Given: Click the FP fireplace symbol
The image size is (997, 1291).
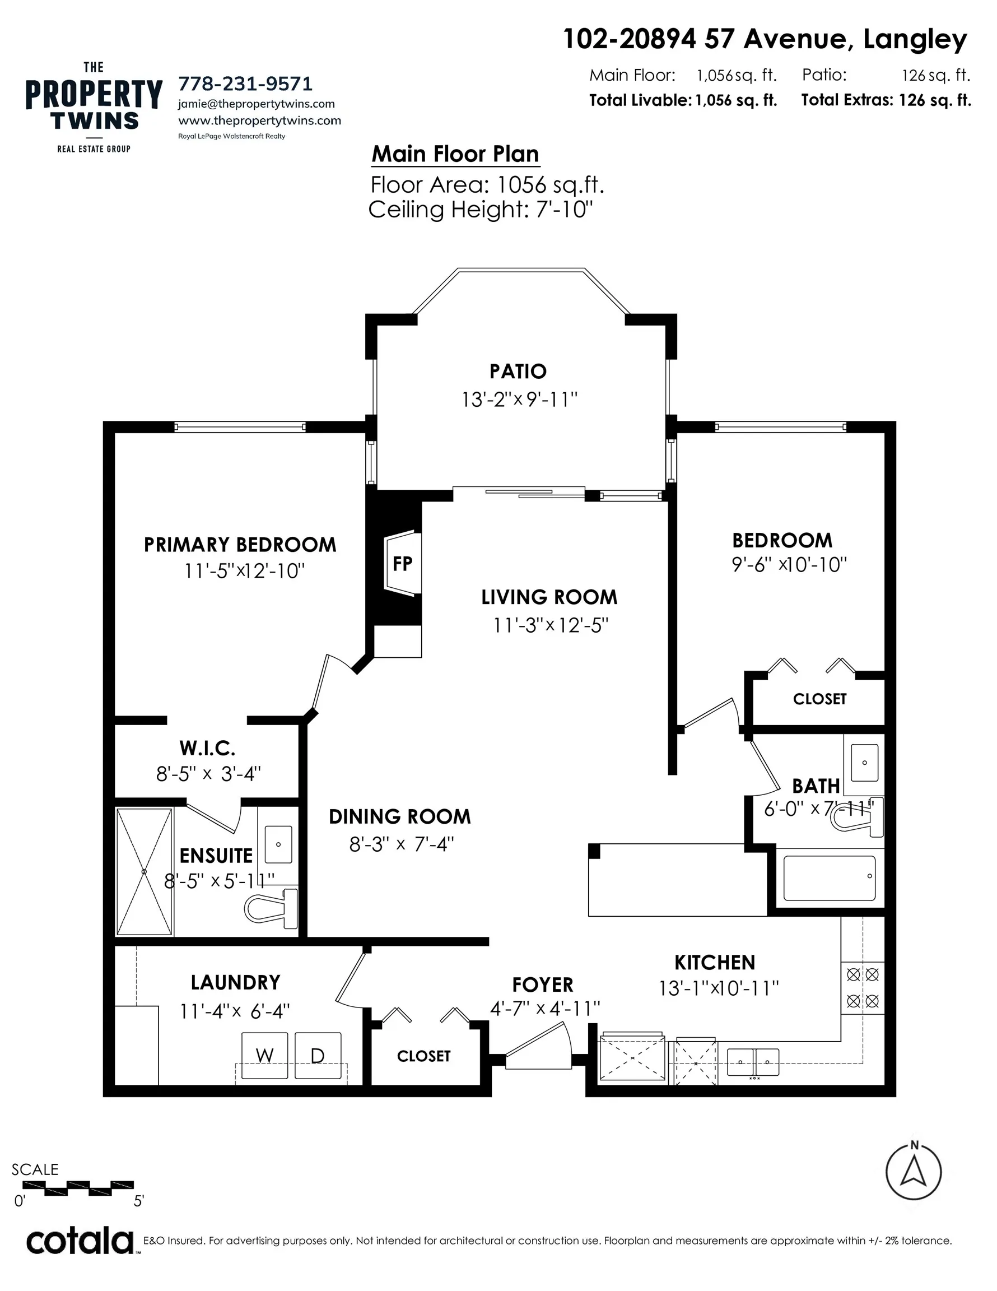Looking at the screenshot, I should tap(403, 563).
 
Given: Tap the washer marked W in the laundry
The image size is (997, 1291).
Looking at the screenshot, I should tap(264, 1055).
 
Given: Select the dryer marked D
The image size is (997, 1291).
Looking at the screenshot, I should tap(318, 1055).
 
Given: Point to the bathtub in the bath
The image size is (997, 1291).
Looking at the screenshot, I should tap(828, 879).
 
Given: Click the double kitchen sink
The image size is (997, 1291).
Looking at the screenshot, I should tap(752, 1062).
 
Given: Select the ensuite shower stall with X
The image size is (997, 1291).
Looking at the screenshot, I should tap(144, 872).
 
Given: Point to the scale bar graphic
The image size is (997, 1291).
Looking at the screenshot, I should tap(78, 1185).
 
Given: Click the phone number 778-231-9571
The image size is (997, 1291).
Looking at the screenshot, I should tap(245, 83).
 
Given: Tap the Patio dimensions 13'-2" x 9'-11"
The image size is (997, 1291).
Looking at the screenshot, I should tap(519, 400).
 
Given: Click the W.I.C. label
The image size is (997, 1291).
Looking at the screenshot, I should tap(207, 748).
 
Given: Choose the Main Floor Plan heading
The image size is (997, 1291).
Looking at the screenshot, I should tap(455, 154).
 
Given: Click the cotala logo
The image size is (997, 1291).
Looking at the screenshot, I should tap(80, 1242).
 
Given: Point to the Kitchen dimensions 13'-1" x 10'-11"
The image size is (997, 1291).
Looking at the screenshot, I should tap(719, 988).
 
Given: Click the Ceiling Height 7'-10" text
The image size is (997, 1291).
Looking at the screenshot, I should tap(480, 209).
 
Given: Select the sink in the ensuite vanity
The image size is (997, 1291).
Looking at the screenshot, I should tap(278, 845).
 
